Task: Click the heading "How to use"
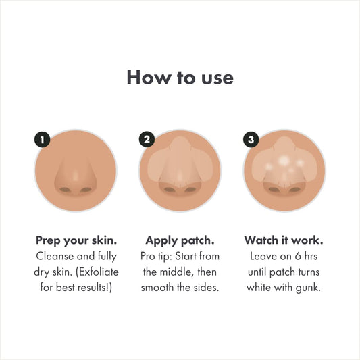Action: tap(180, 77)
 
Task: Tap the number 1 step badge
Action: tap(43, 140)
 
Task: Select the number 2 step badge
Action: tap(147, 140)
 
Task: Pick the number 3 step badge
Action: tap(251, 140)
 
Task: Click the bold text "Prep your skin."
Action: tap(76, 240)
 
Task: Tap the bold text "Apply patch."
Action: tap(180, 240)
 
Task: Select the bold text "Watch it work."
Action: tap(283, 240)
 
